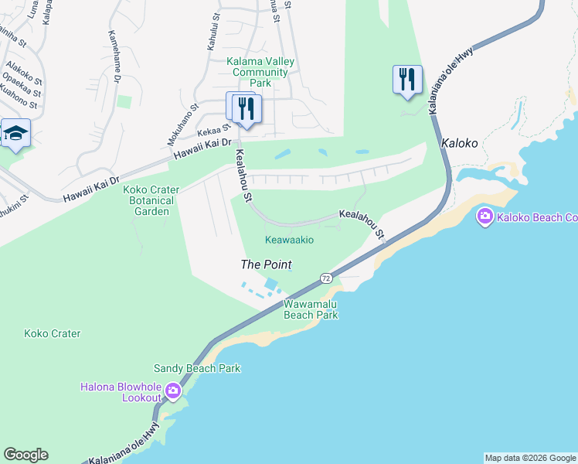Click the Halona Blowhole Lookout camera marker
click(172, 392)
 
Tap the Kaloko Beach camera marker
click(485, 217)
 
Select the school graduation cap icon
click(15, 134)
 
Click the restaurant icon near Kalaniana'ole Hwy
click(407, 80)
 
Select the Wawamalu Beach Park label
click(311, 309)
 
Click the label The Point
click(266, 264)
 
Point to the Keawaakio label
click(289, 240)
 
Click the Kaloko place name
click(460, 144)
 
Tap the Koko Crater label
click(53, 334)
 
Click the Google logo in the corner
click(25, 455)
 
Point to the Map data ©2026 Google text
click(530, 458)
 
